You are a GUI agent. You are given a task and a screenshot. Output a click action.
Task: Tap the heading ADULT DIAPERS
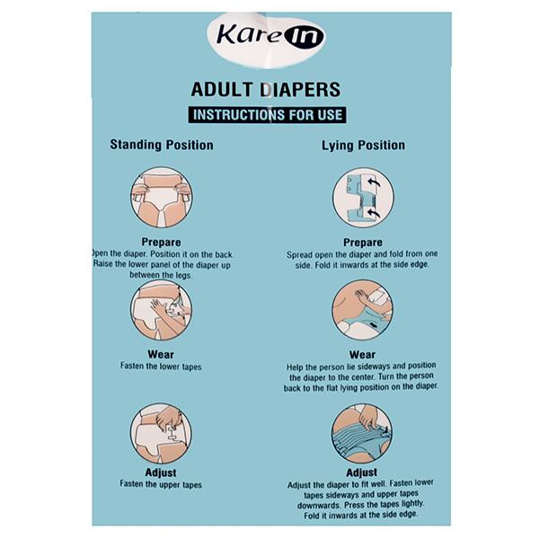(266, 89)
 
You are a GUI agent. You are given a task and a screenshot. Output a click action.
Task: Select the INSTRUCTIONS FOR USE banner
(267, 115)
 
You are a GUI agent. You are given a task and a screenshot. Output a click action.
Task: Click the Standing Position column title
(162, 145)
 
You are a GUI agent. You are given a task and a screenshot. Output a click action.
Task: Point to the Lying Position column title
(363, 146)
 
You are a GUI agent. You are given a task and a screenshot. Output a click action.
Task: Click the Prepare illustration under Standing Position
(161, 198)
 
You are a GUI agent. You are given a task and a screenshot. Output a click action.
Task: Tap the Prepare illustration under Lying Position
(363, 198)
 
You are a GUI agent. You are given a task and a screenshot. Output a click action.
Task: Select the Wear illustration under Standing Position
(161, 310)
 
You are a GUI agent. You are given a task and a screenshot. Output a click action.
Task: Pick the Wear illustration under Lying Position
(363, 310)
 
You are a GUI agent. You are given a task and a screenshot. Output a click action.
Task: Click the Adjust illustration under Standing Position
(161, 434)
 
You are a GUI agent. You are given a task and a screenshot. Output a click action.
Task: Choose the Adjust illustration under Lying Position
(362, 434)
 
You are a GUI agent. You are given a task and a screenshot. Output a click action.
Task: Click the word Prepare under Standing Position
(161, 242)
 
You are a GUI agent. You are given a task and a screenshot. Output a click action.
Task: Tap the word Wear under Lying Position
(362, 355)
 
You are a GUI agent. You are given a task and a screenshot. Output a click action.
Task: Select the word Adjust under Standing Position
(161, 473)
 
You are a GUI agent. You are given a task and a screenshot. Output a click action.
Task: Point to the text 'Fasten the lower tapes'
(161, 367)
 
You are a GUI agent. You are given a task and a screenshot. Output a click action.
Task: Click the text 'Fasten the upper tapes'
(161, 485)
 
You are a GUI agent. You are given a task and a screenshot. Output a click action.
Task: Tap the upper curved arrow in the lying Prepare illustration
(374, 182)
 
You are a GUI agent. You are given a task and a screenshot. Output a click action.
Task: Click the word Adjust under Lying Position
(362, 473)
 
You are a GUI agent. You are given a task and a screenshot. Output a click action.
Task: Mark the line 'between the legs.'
(161, 275)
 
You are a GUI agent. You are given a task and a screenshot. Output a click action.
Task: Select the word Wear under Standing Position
(161, 354)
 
